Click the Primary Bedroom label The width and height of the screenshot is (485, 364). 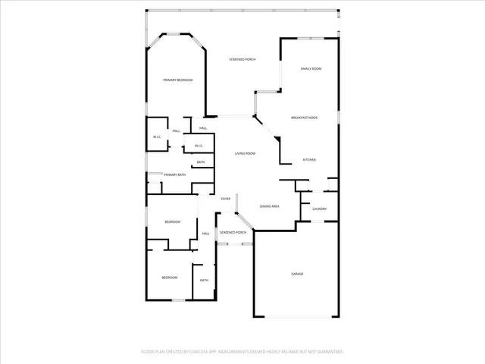point(177,80)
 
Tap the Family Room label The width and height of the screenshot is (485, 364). point(311,69)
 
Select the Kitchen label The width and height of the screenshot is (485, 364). point(309,160)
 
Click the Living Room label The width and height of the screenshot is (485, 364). point(244,154)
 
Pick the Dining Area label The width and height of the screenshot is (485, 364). point(271,206)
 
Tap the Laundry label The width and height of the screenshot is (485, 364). point(319,209)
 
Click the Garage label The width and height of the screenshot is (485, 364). point(298,273)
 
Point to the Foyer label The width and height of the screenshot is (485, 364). point(226,199)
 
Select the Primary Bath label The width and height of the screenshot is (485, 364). point(174,175)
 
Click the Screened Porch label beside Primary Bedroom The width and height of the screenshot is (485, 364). point(242,59)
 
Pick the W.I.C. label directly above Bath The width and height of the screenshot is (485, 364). point(199,146)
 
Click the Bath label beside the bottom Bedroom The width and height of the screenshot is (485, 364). point(204,281)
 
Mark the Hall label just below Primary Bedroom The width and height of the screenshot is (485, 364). point(203,128)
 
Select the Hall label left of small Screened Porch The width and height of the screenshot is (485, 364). point(205,234)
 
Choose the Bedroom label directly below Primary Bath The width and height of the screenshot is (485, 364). point(173,221)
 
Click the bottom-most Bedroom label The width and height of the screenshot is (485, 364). point(169,278)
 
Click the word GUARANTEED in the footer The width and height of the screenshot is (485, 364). point(327,352)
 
